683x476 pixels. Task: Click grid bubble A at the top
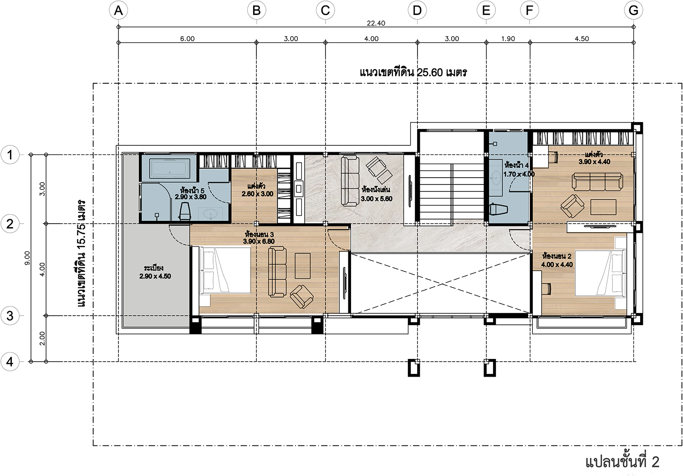tap(118, 10)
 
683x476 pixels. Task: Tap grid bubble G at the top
tap(633, 10)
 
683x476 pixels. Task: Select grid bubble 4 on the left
tap(10, 362)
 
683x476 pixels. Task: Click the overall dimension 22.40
tap(376, 23)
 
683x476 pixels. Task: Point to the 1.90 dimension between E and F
tap(508, 39)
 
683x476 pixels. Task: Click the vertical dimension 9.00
tap(27, 258)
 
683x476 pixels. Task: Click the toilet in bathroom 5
tap(185, 211)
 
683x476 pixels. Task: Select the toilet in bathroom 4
tap(498, 209)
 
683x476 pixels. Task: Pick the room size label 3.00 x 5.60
tap(377, 199)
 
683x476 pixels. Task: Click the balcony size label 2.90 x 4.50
tap(155, 276)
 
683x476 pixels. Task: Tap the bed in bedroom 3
tap(225, 271)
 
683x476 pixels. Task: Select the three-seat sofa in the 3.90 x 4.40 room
tap(597, 182)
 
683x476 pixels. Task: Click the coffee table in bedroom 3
tap(302, 266)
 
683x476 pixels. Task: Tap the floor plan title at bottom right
tap(622, 462)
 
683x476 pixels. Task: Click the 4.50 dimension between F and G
tap(582, 39)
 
